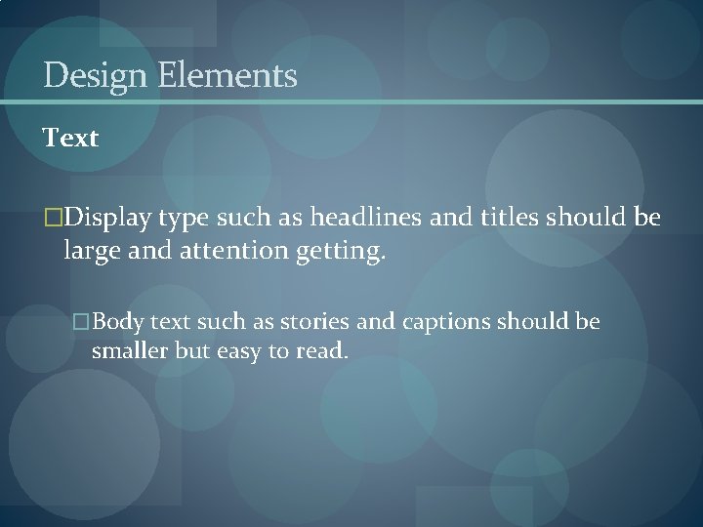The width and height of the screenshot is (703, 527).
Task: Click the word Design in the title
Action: [x=93, y=75]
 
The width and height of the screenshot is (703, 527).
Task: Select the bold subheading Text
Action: [x=70, y=139]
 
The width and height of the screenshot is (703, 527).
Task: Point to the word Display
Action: [x=107, y=217]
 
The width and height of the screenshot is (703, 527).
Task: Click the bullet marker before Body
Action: [x=82, y=322]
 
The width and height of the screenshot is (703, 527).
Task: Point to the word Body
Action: [x=118, y=322]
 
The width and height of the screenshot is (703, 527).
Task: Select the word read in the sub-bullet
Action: [x=324, y=351]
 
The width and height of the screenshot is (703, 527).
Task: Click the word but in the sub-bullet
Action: [x=191, y=351]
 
